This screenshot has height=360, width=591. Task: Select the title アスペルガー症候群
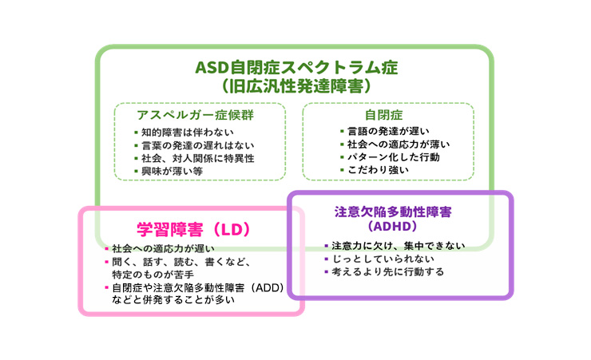click(196, 114)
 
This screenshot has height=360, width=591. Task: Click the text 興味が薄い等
click(172, 171)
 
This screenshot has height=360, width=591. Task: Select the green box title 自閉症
click(383, 114)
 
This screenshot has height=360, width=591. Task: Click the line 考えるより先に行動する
click(387, 272)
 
